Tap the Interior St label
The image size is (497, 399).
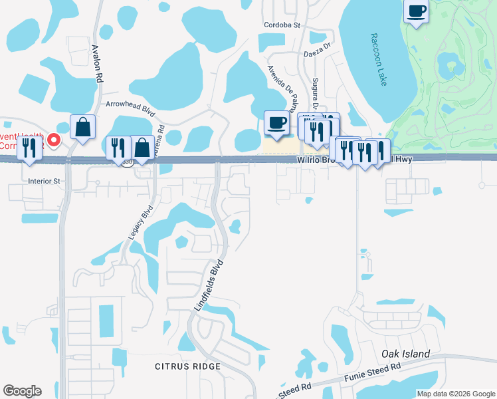point(44,180)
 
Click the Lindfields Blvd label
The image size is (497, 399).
point(207,285)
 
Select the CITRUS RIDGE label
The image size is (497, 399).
point(187,366)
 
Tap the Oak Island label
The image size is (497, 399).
point(406,354)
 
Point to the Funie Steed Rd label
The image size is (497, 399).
point(372,371)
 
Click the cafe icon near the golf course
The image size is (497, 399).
point(416,12)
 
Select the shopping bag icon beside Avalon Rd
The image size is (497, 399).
point(82,127)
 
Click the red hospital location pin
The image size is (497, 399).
point(54,140)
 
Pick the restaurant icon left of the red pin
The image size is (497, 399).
point(29,148)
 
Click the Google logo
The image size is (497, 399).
point(22,391)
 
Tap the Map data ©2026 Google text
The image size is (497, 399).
point(456,394)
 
